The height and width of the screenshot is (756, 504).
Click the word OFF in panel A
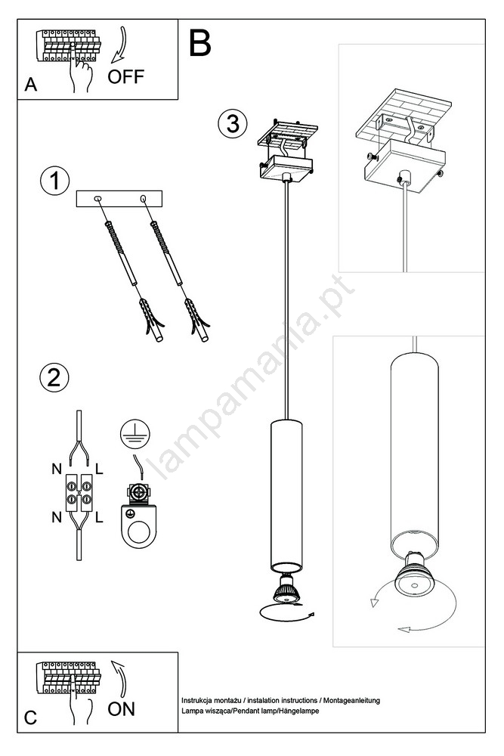125,76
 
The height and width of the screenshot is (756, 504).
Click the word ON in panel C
121,709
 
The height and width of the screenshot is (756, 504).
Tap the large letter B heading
199,43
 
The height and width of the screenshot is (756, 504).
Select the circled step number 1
54,181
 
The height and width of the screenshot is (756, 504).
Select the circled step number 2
54,376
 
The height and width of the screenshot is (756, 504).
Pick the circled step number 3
233,123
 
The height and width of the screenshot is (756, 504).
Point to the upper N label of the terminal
57,468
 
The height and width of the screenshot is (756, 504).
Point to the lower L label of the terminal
99,517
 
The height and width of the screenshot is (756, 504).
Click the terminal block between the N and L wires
79,492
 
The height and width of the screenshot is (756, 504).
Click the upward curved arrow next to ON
119,678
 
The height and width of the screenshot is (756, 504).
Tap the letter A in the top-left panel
31,85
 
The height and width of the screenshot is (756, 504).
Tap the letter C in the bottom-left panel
30,718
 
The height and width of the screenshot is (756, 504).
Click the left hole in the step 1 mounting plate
97,198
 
